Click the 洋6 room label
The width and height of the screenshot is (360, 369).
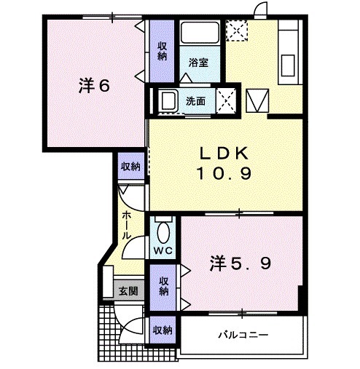tap(94, 84)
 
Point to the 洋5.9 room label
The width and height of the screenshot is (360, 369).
tap(242, 263)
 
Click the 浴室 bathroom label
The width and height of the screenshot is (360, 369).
tap(198, 63)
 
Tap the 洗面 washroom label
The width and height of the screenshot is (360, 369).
tap(195, 101)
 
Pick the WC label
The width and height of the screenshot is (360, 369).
tap(163, 252)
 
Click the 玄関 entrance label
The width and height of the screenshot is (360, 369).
tap(128, 291)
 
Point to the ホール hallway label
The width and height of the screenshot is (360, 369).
tap(128, 226)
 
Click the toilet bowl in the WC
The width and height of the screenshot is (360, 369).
tap(163, 234)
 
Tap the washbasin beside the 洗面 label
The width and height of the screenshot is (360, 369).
tap(168, 100)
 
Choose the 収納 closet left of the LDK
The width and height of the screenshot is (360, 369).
tap(130, 167)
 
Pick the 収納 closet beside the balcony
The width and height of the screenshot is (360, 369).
tap(163, 329)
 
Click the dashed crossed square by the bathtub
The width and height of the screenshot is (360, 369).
tap(236, 31)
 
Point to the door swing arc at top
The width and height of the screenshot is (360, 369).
tap(259, 9)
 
